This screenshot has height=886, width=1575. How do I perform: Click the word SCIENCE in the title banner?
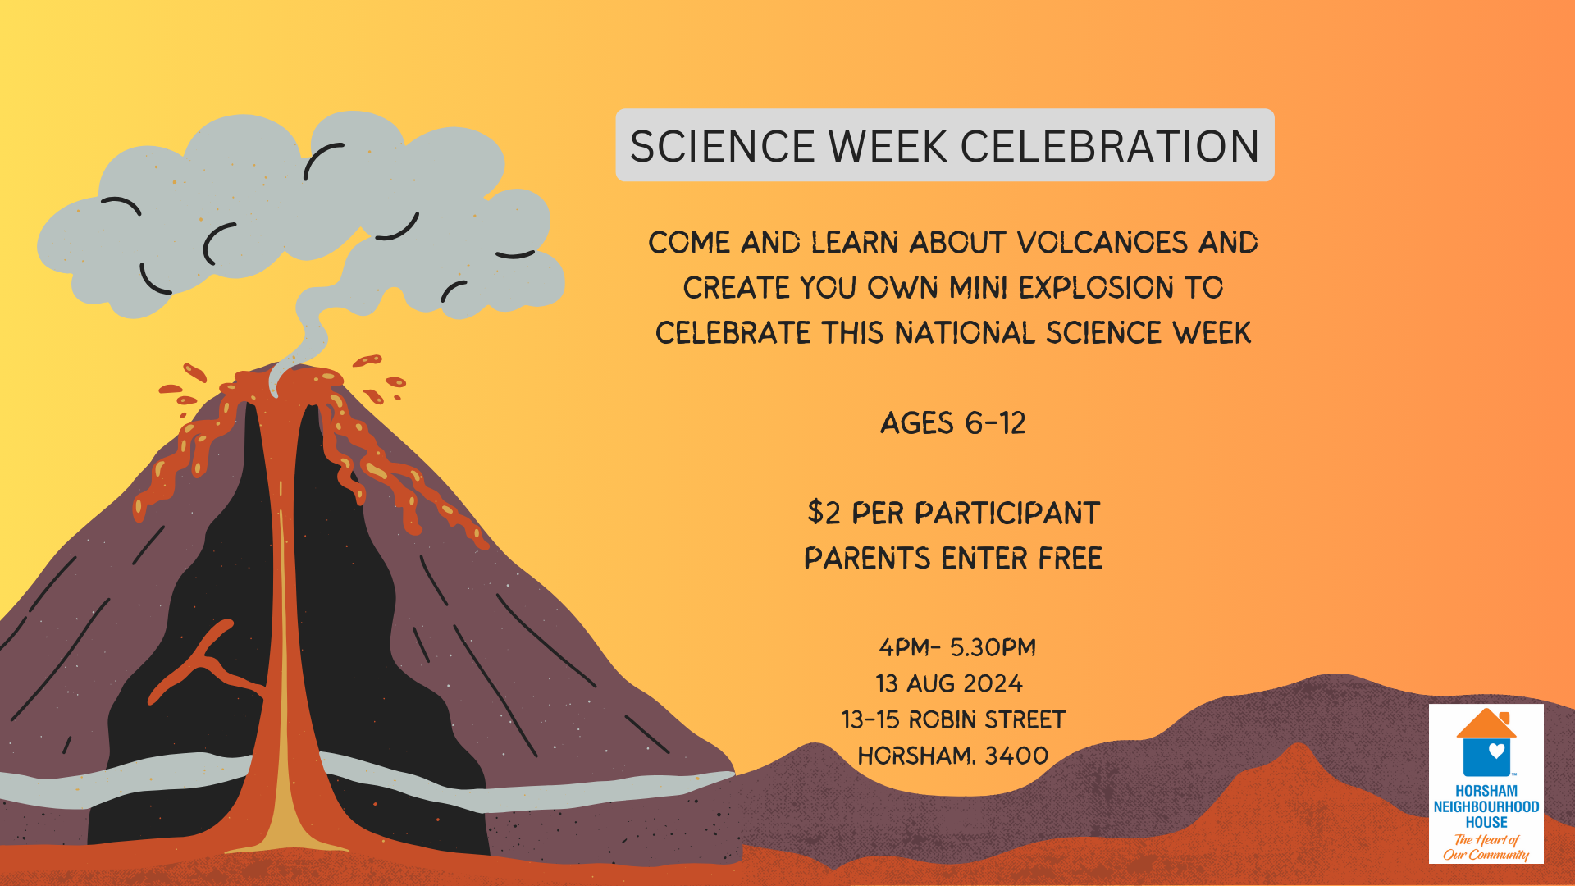point(722,147)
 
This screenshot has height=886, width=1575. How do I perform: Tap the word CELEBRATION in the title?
point(1110,147)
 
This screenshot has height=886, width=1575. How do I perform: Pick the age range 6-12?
point(995,423)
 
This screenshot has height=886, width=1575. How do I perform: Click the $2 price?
point(824,514)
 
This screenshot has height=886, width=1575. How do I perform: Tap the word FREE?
point(1071,559)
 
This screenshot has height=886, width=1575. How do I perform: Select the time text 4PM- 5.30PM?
point(957,647)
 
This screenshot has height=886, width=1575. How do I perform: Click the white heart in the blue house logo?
point(1497,751)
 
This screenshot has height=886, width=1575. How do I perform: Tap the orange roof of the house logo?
point(1486,724)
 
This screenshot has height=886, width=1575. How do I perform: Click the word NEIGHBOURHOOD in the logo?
point(1486,806)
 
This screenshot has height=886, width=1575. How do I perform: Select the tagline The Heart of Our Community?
point(1486,847)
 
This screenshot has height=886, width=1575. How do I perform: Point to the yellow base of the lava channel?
point(284,820)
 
